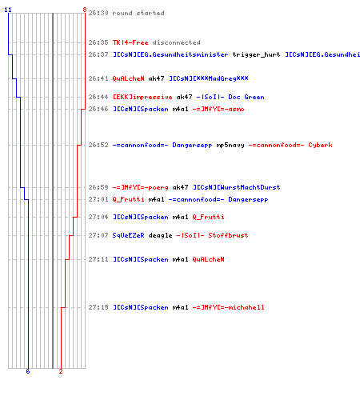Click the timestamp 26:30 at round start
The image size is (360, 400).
click(x=98, y=13)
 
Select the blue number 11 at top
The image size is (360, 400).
click(x=8, y=10)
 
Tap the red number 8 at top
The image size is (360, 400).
click(x=85, y=10)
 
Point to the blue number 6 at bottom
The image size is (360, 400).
click(x=28, y=371)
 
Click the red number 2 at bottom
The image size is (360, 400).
click(x=61, y=371)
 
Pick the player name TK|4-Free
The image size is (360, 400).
click(x=130, y=42)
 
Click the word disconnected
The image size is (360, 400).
click(x=176, y=42)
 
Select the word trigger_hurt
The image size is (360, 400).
click(x=256, y=54)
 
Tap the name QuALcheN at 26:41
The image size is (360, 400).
click(x=128, y=78)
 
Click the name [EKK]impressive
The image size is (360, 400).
click(x=142, y=97)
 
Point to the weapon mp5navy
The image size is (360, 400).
click(x=230, y=145)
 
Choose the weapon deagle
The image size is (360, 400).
click(x=160, y=235)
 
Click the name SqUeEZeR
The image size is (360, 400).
click(x=128, y=235)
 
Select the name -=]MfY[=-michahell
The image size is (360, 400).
click(x=228, y=307)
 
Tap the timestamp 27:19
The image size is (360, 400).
click(x=98, y=307)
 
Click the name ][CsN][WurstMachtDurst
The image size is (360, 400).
click(x=236, y=187)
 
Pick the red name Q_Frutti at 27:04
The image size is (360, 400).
click(x=208, y=217)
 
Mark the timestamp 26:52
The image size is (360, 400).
click(x=98, y=145)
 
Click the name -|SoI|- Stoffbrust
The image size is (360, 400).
click(x=212, y=235)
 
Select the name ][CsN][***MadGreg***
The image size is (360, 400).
click(x=209, y=78)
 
